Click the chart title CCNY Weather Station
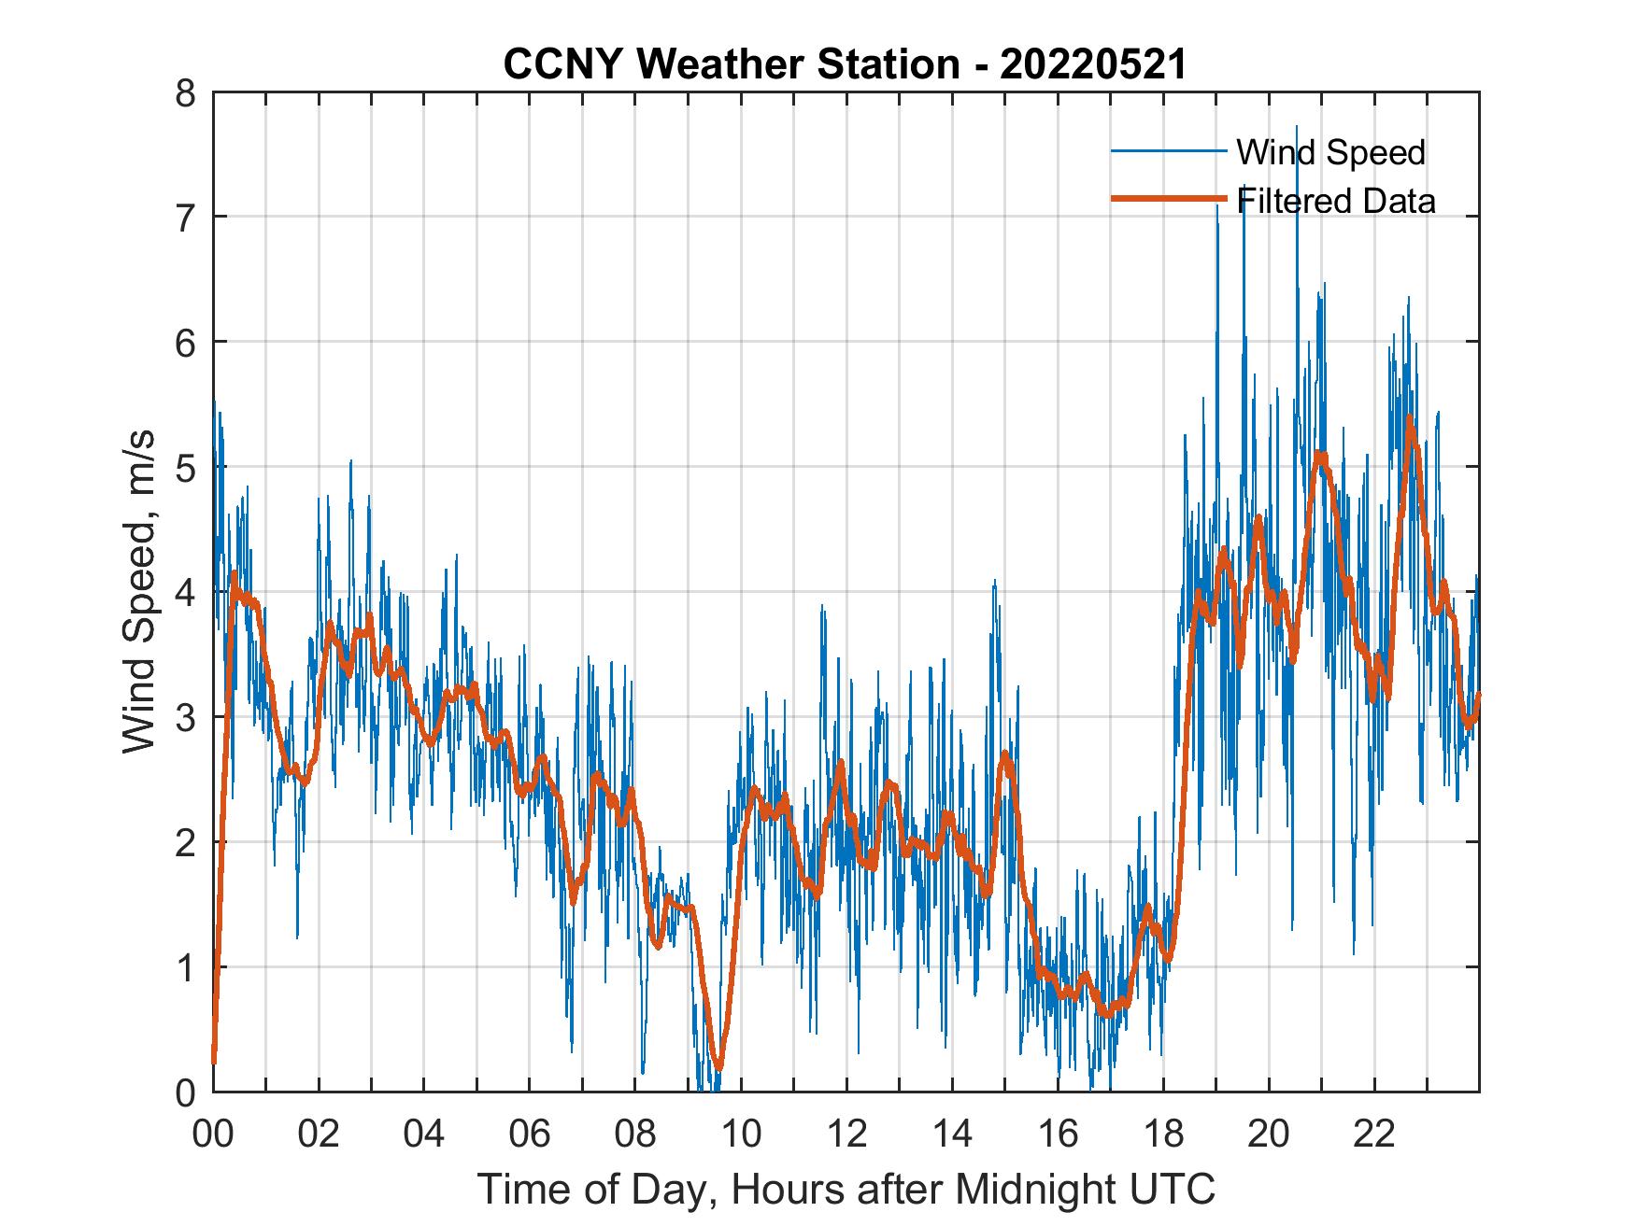(x=845, y=64)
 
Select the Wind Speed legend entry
(x=1330, y=152)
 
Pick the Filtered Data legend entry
(x=1336, y=201)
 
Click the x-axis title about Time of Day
(x=846, y=1190)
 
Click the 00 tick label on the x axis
(x=214, y=1134)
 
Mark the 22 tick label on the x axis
(x=1374, y=1134)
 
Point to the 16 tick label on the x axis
(x=1058, y=1134)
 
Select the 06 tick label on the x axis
(x=530, y=1134)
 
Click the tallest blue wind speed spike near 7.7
(x=1296, y=126)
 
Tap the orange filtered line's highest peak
(x=1410, y=417)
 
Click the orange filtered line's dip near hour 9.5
(x=718, y=1066)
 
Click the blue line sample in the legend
(x=1168, y=151)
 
